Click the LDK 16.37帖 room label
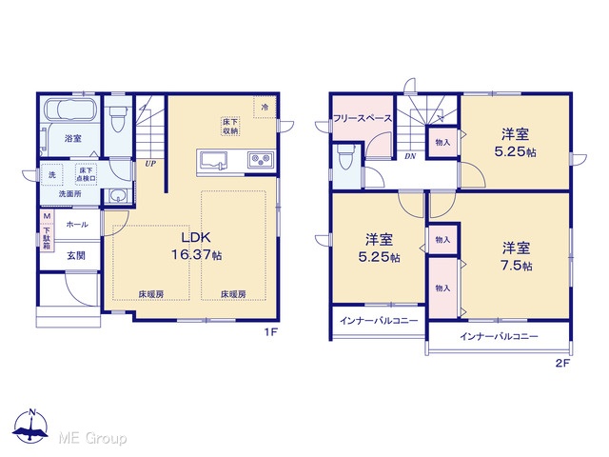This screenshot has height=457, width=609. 197,246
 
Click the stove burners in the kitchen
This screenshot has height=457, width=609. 261,159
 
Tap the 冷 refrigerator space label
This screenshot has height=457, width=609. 265,107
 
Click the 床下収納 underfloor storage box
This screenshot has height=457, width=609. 230,127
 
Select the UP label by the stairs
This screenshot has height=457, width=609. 150,164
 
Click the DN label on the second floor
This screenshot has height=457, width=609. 410,156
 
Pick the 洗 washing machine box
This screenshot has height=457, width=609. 52,176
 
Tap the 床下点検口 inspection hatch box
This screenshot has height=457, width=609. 86,174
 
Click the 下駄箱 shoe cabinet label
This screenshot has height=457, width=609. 47,238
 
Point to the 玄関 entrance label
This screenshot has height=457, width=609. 76,256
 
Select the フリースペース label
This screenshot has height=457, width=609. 363,118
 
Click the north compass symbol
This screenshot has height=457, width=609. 30,426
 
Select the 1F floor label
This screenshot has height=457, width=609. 270,332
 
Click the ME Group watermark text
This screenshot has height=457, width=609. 92,438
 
